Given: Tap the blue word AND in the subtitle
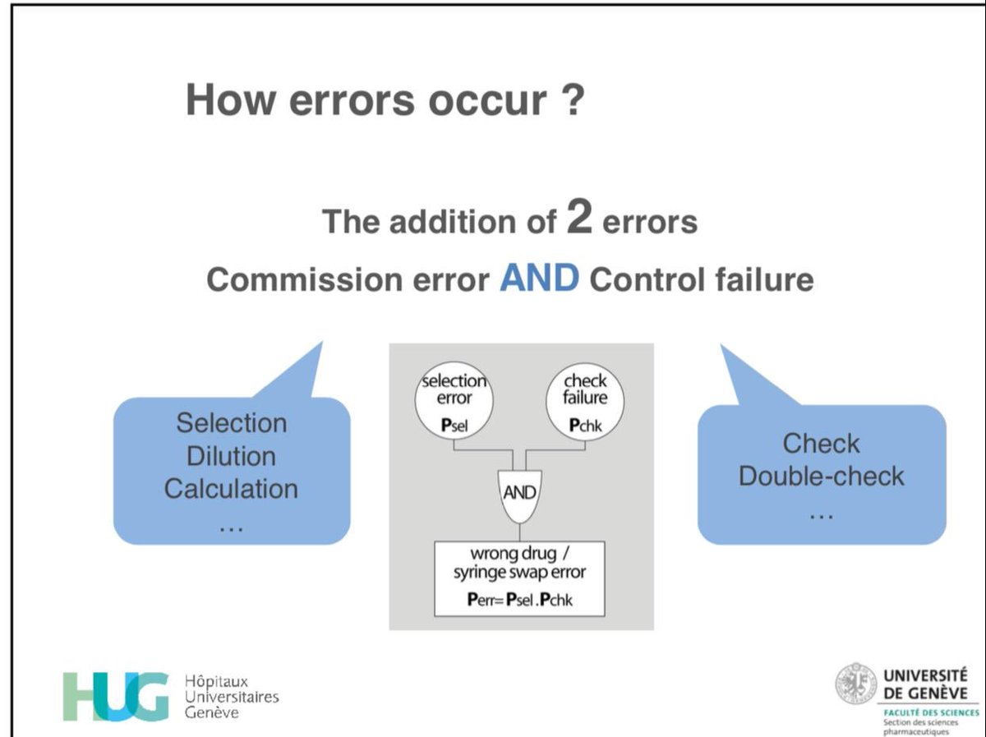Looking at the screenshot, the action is click(x=539, y=279).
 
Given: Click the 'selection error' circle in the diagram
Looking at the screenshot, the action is click(x=454, y=401).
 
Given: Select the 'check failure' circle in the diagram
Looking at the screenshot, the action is click(x=585, y=401).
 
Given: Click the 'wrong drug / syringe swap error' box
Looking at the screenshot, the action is click(x=519, y=578).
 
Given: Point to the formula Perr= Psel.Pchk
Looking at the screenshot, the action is click(x=519, y=601).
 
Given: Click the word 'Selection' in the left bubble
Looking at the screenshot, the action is click(x=232, y=423).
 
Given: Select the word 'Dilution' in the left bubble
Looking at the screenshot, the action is click(x=232, y=456).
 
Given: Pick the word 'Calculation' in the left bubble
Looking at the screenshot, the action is click(x=232, y=489).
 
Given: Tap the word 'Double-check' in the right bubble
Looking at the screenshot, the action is click(x=821, y=476).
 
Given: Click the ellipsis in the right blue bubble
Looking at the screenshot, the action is click(x=821, y=512).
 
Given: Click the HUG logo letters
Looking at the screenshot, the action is click(x=116, y=696).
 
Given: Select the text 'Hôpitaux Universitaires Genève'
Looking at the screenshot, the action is click(x=232, y=697).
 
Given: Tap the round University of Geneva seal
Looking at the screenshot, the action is click(x=856, y=684).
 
